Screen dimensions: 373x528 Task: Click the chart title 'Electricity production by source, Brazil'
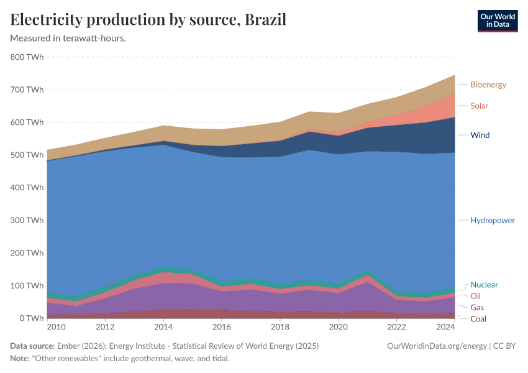(x=148, y=19)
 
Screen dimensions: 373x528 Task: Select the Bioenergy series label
(x=488, y=85)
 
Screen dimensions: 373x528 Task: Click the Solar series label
(x=479, y=106)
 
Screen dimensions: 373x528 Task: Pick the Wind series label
(x=480, y=135)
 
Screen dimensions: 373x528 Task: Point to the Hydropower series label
(x=492, y=221)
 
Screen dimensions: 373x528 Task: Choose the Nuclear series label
(x=484, y=285)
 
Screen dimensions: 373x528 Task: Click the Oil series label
(x=475, y=296)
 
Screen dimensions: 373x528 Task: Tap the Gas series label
(x=477, y=308)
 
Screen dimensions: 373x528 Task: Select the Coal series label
(x=478, y=319)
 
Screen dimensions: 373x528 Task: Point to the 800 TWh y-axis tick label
(x=27, y=57)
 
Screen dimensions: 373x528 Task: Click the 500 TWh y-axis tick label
(x=27, y=155)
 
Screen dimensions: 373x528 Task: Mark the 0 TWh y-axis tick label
(x=30, y=318)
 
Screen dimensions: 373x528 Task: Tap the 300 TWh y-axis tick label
(x=27, y=220)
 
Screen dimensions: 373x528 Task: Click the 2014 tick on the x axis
(x=163, y=327)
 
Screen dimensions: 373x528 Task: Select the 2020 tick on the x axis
(x=338, y=327)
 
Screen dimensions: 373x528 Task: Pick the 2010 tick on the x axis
(x=55, y=327)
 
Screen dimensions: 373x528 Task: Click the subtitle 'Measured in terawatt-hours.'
(x=68, y=38)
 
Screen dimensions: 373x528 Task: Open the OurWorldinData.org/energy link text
(x=437, y=346)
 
